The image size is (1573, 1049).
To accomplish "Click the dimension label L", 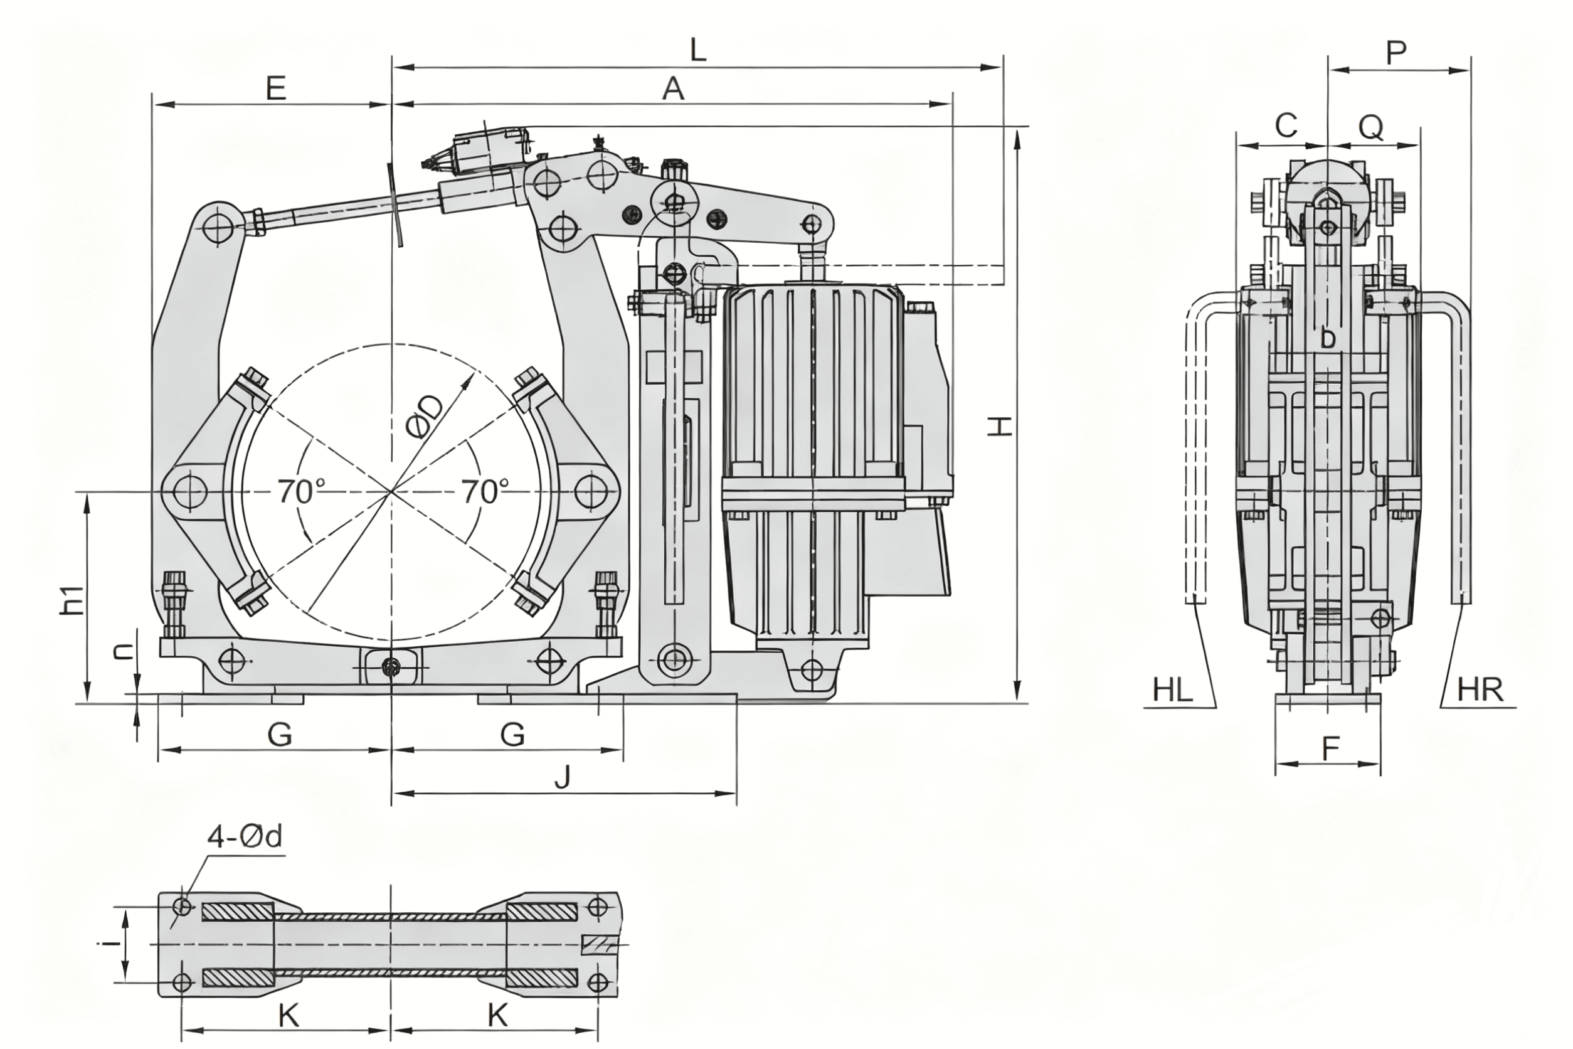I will click(697, 51).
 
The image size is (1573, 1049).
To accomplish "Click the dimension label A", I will click(674, 89).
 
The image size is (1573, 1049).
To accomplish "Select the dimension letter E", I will click(275, 89).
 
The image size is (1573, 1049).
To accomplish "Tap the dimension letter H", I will click(1000, 425).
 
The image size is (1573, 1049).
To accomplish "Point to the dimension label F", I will click(1330, 749).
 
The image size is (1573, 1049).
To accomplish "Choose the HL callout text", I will click(1173, 690).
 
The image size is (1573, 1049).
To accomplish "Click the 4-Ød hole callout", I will click(244, 836).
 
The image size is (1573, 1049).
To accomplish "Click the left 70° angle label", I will click(301, 492).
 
